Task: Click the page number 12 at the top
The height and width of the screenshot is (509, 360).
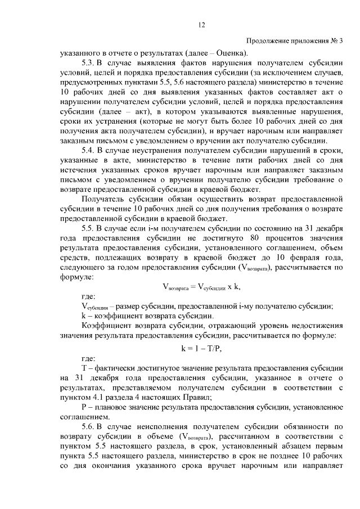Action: tap(202, 24)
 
